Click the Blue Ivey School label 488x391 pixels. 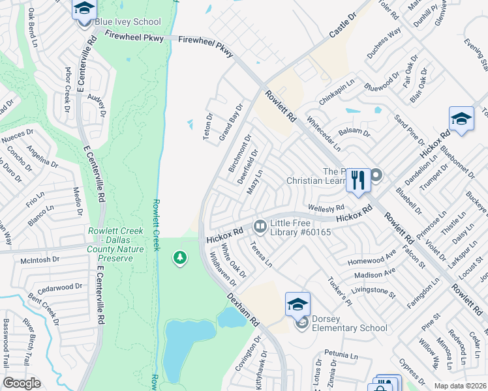(x=128, y=22)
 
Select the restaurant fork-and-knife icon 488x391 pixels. (x=358, y=179)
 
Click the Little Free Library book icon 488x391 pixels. (x=260, y=226)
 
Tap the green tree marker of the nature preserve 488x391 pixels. (x=179, y=259)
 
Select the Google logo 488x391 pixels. (x=22, y=383)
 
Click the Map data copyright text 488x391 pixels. (x=460, y=386)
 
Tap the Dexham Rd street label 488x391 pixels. (x=243, y=310)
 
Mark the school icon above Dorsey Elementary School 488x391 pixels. (x=297, y=304)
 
